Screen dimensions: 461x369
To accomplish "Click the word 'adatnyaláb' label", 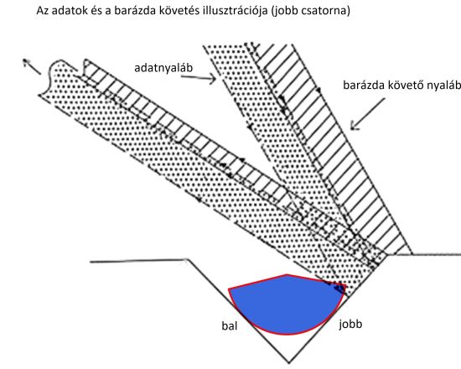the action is click(163, 69).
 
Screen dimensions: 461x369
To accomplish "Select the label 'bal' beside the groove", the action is click(230, 326).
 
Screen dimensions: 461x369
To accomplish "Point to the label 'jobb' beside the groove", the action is click(350, 325).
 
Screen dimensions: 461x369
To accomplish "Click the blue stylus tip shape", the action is click(287, 305).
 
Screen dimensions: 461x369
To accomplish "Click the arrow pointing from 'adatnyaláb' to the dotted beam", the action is click(199, 78).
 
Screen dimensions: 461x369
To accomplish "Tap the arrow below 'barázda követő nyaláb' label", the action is click(367, 114).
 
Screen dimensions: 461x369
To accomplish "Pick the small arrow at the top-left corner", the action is click(32, 66).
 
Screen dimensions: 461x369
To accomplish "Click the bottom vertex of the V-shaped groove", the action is click(289, 363).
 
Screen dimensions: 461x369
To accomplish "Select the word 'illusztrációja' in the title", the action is click(236, 11).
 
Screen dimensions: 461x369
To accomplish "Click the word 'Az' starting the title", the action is click(42, 11).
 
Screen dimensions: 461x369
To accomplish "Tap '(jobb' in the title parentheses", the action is click(285, 11).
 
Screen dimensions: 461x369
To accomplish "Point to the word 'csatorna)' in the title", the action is click(325, 11).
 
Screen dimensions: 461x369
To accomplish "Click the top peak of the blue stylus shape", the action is click(287, 275).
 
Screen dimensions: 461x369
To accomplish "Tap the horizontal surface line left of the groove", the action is click(139, 261).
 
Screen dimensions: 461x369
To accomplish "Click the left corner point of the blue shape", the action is click(229, 289).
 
